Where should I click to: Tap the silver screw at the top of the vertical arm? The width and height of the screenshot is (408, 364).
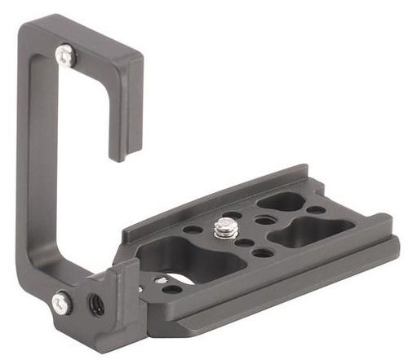coord(66,55)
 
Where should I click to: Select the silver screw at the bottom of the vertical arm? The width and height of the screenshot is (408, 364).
coord(62,302)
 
